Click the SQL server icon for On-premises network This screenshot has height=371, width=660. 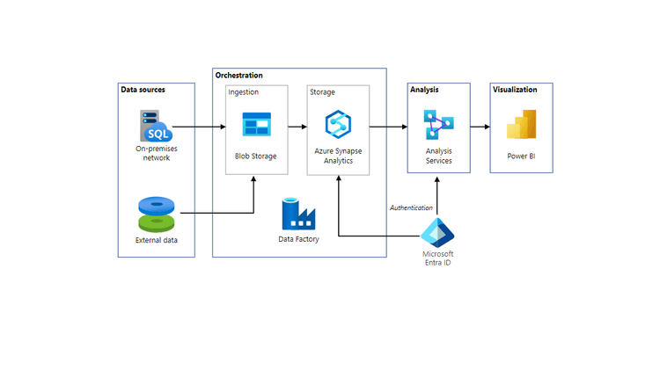pyautogui.click(x=156, y=127)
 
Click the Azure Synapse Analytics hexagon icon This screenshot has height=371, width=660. pyautogui.click(x=339, y=125)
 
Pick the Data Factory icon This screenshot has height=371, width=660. pyautogui.click(x=298, y=214)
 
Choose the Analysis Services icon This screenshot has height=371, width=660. pyautogui.click(x=437, y=125)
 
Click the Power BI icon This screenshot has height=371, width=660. pyautogui.click(x=521, y=125)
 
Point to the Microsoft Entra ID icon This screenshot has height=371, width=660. pyautogui.click(x=437, y=233)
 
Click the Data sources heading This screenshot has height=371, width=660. pyautogui.click(x=143, y=90)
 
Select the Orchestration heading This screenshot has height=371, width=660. pyautogui.click(x=239, y=76)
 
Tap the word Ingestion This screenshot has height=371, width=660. pyautogui.click(x=244, y=92)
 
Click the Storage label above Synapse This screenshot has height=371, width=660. pyautogui.click(x=322, y=92)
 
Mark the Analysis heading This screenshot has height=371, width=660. pyautogui.click(x=424, y=90)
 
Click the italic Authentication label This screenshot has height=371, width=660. pyautogui.click(x=412, y=208)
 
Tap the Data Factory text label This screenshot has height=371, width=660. pyautogui.click(x=298, y=239)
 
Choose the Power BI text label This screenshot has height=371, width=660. pyautogui.click(x=521, y=156)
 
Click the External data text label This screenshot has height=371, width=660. pyautogui.click(x=156, y=240)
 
